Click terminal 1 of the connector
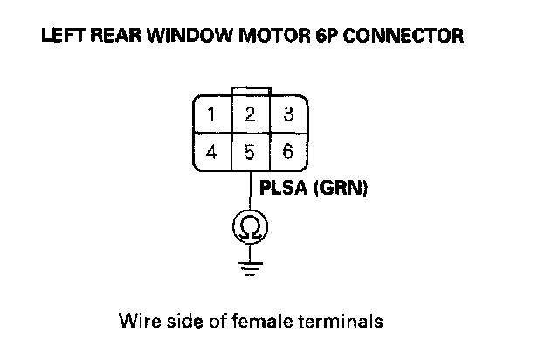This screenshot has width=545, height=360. [211, 114]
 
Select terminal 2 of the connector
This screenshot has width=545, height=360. [250, 114]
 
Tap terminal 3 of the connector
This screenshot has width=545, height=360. [288, 114]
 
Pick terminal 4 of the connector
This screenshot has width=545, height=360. [211, 151]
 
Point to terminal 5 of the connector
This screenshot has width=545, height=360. [250, 151]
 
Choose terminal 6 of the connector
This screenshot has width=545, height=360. [288, 151]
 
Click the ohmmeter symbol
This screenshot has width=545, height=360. [250, 228]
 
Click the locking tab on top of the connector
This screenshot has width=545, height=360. [250, 91]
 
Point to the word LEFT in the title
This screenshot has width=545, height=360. [59, 38]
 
